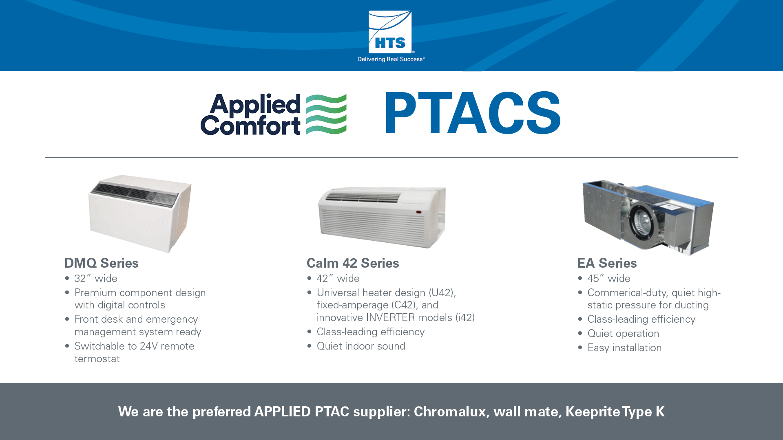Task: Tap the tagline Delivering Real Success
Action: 391,59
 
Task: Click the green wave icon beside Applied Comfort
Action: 326,114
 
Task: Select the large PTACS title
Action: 473,113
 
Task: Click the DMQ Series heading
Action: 102,263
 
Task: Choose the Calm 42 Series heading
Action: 353,263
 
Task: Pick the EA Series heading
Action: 607,263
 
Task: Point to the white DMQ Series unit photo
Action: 140,213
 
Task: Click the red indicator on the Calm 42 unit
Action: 419,212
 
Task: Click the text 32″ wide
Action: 96,279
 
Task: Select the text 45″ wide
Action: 609,279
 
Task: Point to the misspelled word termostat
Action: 97,359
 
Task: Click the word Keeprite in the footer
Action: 593,412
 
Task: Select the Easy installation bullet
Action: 624,348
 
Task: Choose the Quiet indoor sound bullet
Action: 361,346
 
